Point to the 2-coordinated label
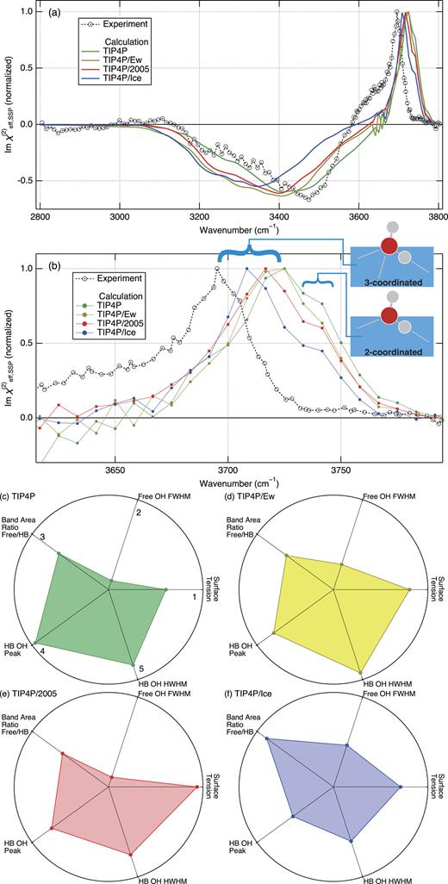391,353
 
